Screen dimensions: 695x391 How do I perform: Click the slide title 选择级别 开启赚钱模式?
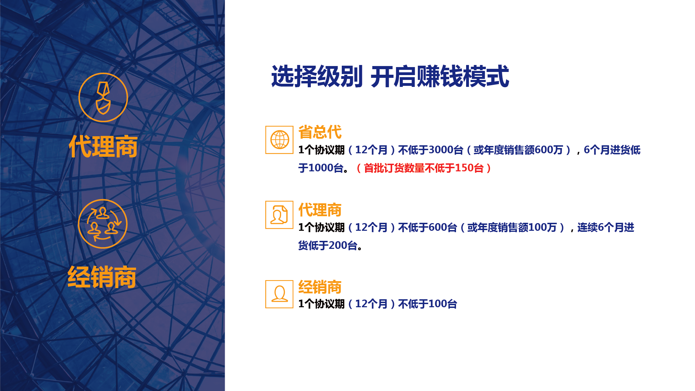(390, 76)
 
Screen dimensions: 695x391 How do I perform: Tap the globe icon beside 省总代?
(280, 140)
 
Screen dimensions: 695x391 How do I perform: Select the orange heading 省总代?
(320, 132)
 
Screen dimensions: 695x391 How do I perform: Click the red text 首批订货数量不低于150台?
(424, 168)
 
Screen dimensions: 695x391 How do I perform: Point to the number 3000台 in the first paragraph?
(446, 150)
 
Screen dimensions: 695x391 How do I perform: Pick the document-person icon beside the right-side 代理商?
(280, 215)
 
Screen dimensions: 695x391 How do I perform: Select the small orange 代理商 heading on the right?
(320, 210)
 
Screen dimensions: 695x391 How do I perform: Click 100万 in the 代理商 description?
(543, 228)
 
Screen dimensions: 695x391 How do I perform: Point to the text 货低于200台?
(328, 246)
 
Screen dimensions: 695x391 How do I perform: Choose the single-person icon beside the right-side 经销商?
(280, 294)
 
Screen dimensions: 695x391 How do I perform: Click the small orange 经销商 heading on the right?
(320, 287)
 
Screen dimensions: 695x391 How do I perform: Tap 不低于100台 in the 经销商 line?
(428, 304)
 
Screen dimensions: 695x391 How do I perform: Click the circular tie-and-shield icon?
(103, 97)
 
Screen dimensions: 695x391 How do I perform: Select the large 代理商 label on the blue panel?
(103, 146)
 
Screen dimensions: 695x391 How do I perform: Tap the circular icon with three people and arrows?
(103, 224)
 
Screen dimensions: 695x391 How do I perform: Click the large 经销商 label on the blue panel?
(102, 277)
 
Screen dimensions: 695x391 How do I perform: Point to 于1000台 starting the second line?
(321, 168)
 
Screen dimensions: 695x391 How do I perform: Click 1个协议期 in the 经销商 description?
(322, 304)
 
